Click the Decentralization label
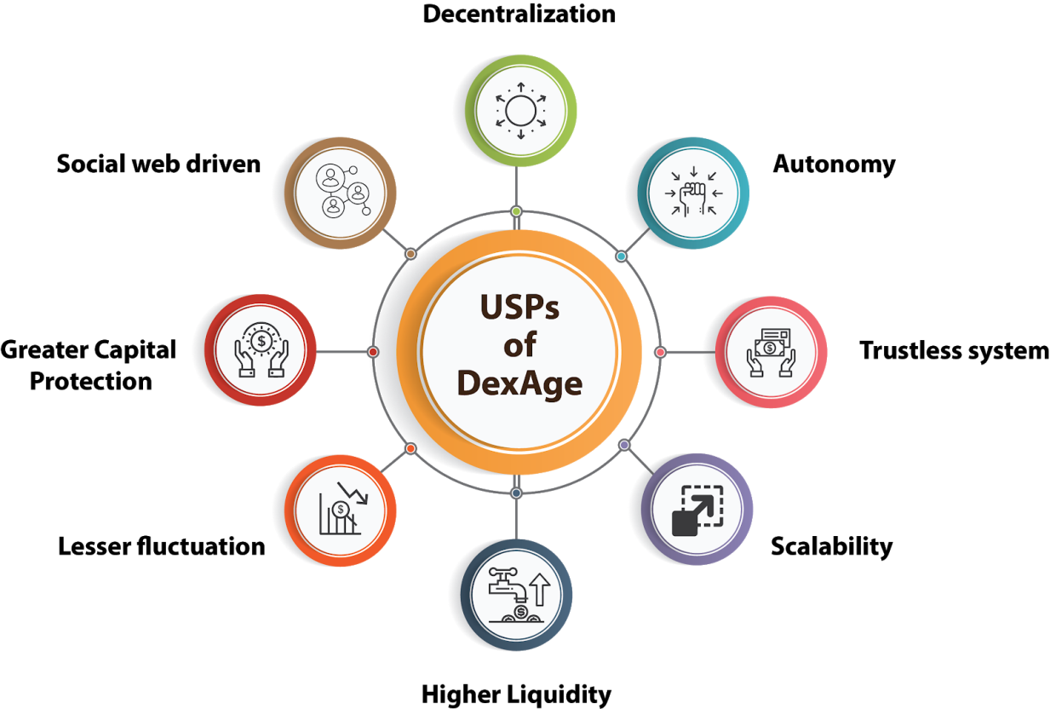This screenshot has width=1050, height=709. (519, 14)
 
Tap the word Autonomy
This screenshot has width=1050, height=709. (834, 164)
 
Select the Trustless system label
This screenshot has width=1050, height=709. (954, 351)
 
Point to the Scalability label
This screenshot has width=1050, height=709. (831, 547)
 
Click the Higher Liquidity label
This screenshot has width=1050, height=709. (516, 695)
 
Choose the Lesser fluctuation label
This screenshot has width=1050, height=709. (162, 546)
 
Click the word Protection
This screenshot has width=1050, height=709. (91, 381)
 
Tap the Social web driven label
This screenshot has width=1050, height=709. (158, 164)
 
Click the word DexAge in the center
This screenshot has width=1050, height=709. (519, 384)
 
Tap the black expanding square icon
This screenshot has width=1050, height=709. (697, 510)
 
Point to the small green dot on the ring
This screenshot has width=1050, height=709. (516, 211)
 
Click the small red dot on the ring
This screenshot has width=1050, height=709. (373, 352)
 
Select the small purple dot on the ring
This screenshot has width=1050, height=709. (624, 445)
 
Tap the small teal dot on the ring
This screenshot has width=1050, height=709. (621, 257)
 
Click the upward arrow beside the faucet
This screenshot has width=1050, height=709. (540, 590)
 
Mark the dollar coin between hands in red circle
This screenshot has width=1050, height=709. (261, 341)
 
